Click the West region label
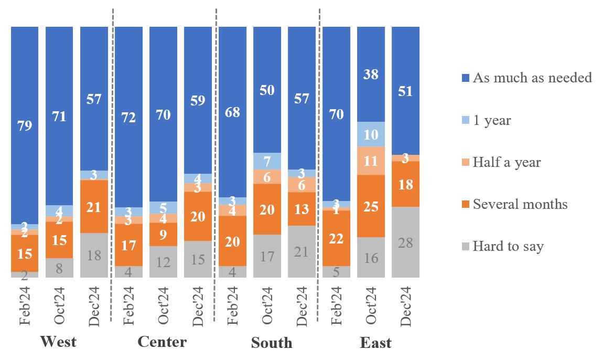pyautogui.click(x=58, y=342)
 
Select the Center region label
pyautogui.click(x=162, y=342)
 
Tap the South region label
pyautogui.click(x=272, y=343)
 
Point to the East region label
pyautogui.click(x=375, y=343)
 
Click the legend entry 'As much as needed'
pyautogui.click(x=532, y=78)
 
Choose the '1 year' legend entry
pyautogui.click(x=491, y=121)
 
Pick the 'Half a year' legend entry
pyautogui.click(x=506, y=163)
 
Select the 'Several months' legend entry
pyautogui.click(x=520, y=204)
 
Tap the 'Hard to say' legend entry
pyautogui.click(x=508, y=246)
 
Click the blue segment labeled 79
pyautogui.click(x=25, y=125)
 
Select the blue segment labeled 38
pyautogui.click(x=371, y=75)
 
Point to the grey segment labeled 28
pyautogui.click(x=405, y=242)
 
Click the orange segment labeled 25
pyautogui.click(x=371, y=206)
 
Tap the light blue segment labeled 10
pyautogui.click(x=371, y=134)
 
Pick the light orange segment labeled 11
pyautogui.click(x=371, y=161)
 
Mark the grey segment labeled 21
pyautogui.click(x=301, y=251)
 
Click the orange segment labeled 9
pyautogui.click(x=163, y=234)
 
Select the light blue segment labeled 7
pyautogui.click(x=267, y=161)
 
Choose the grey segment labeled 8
pyautogui.click(x=59, y=268)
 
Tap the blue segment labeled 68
pyautogui.click(x=232, y=112)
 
